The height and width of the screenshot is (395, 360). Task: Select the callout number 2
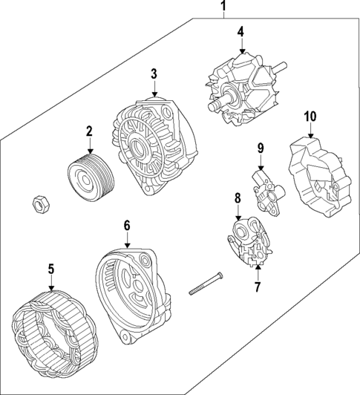coord(89,131)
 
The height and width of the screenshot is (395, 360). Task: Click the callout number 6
coord(127,224)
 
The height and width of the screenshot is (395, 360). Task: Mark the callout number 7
coord(258,286)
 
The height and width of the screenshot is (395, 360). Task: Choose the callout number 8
coord(238,198)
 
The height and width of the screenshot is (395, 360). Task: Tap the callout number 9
coord(261,148)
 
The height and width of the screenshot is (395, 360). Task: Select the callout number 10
coord(310,116)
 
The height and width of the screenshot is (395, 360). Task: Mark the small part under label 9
coord(264,189)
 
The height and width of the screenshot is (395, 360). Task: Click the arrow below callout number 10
coord(310,132)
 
